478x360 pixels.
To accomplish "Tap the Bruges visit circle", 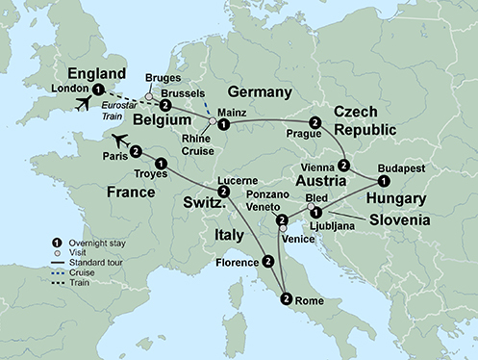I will pyautogui.click(x=148, y=96).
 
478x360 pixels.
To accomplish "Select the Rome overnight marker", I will pyautogui.click(x=286, y=298).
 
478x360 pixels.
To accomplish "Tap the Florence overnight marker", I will pyautogui.click(x=267, y=260).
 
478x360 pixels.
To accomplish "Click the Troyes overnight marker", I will pyautogui.click(x=161, y=165).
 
